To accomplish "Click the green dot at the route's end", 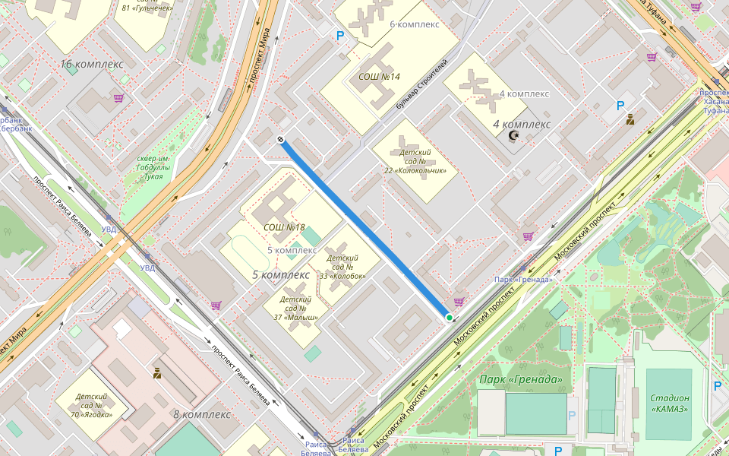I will (x=450, y=318).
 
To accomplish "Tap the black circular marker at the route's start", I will (x=281, y=139).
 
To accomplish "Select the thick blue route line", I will (x=365, y=228).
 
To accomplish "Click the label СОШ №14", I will (x=379, y=77).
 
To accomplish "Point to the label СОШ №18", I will (x=284, y=227).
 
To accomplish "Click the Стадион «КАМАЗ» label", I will (x=669, y=403).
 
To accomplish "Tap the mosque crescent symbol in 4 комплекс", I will (x=514, y=135).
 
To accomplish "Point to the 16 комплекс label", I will (x=91, y=65).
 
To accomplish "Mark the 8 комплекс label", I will (x=201, y=414).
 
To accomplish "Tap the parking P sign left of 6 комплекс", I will (x=340, y=35).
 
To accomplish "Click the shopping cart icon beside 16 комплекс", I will (x=118, y=97).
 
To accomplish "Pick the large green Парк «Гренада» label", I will (x=521, y=379).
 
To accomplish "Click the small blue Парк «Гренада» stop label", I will (x=523, y=280).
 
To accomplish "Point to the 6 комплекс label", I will (x=415, y=24).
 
